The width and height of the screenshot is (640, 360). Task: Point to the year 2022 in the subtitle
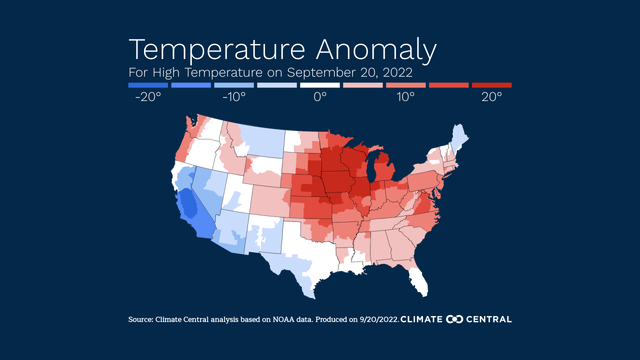pos(397,72)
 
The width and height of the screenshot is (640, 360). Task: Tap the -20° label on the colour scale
pos(148,97)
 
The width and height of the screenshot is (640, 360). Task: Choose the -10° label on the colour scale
pos(234,97)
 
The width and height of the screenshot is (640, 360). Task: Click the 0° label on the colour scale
pos(320,97)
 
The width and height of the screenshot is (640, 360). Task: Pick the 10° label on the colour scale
pos(406,97)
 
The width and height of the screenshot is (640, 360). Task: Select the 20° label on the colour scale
pos(492,97)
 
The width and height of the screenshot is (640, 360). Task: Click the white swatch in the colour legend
pos(320,85)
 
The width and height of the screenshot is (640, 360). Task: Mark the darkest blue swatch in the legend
pos(148,85)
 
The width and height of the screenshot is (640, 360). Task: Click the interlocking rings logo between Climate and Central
pos(455,319)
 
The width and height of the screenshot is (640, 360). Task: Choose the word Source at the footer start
pos(140,319)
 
